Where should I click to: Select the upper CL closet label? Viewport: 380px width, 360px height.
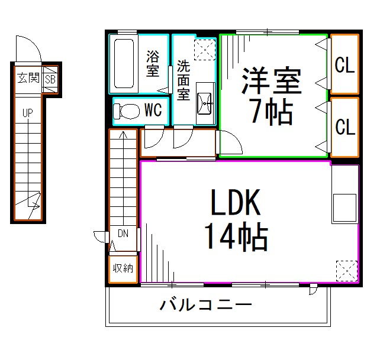(x=344, y=65)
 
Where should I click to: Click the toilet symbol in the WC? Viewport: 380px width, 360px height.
(x=124, y=111)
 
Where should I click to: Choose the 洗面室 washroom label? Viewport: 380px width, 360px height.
(x=183, y=79)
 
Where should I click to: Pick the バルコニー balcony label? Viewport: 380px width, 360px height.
(x=206, y=306)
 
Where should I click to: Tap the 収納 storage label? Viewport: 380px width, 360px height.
(x=123, y=268)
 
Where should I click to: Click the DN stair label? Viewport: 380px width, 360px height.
(x=123, y=233)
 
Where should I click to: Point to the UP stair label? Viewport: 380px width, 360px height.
(x=27, y=113)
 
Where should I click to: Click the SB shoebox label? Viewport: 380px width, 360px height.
(x=50, y=78)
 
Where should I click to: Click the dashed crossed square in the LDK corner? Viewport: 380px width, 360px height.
(x=346, y=270)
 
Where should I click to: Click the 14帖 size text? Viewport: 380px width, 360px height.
(x=236, y=236)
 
